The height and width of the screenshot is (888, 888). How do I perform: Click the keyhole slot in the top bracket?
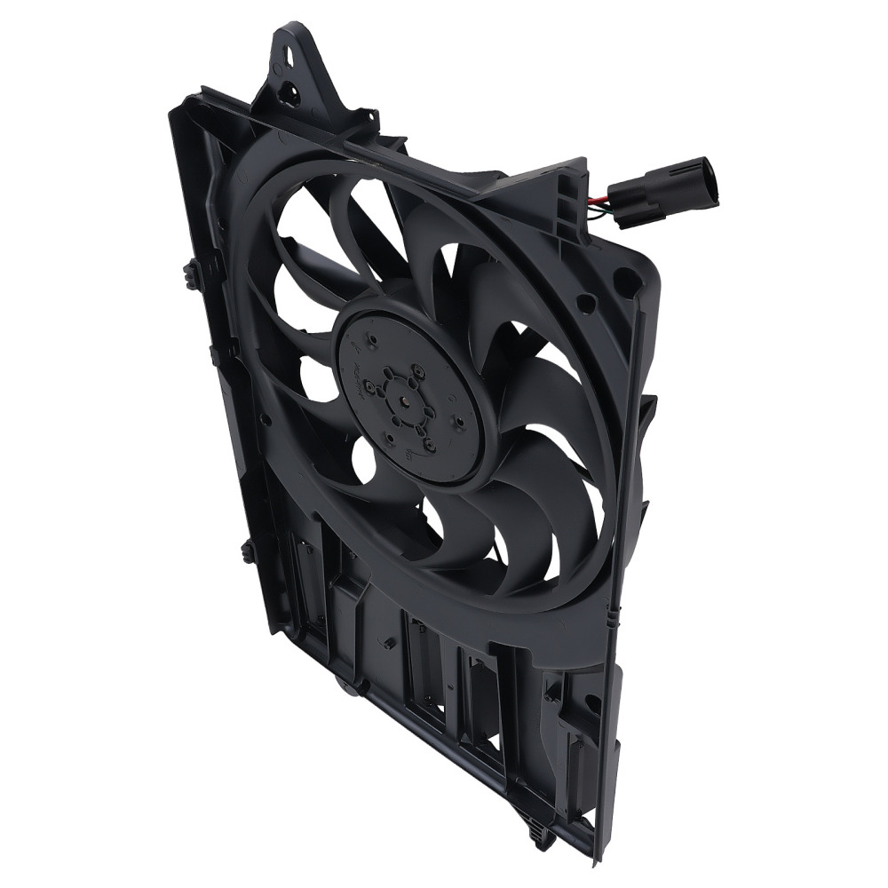(286, 52)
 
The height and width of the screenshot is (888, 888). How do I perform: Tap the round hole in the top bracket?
(288, 90)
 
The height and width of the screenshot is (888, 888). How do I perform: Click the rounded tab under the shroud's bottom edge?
(345, 685)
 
